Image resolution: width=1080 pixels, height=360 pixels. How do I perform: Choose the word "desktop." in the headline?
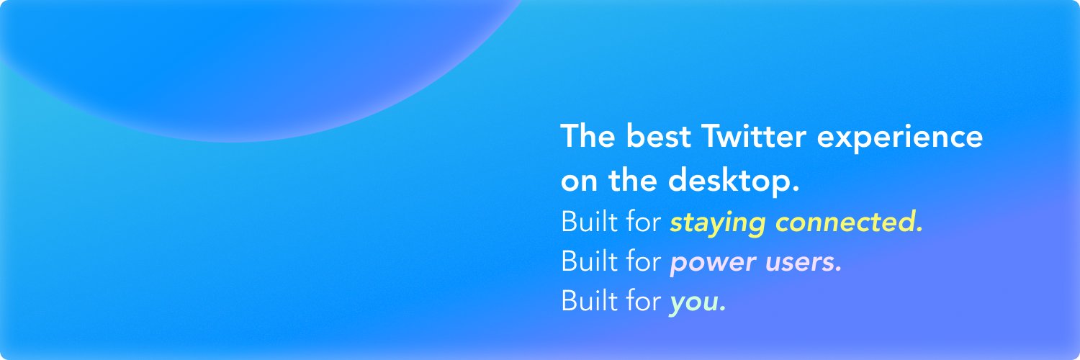[x=734, y=181]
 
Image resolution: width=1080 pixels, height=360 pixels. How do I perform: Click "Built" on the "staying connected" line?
[x=586, y=222]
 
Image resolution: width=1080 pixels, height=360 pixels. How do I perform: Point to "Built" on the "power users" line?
[x=586, y=262]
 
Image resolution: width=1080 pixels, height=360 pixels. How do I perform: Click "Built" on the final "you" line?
[x=586, y=302]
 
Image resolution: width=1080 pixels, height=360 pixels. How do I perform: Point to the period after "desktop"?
[x=796, y=189]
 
